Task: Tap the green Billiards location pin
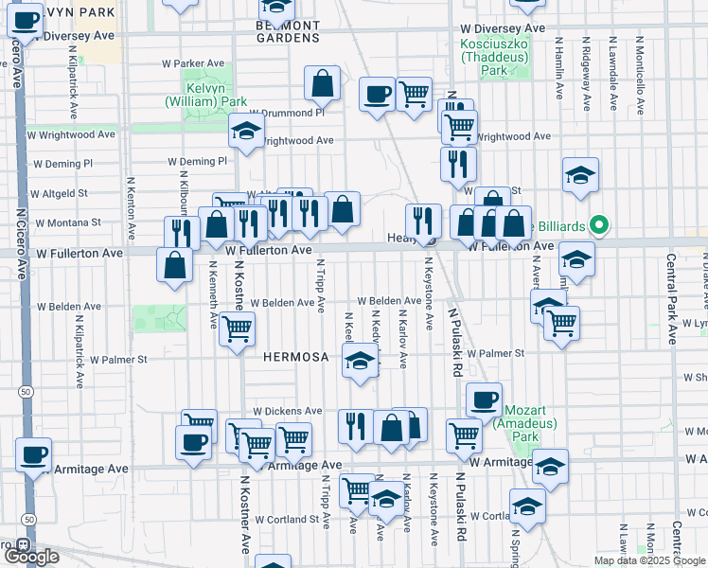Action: pos(598,225)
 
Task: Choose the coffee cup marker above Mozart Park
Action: pos(484,399)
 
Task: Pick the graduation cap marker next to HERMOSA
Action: pos(360,360)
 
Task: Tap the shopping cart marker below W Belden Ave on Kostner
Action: pos(237,329)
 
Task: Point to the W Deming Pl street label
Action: pos(198,162)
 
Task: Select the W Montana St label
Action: pos(69,222)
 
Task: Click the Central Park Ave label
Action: pos(671,298)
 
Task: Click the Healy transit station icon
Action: pos(429,240)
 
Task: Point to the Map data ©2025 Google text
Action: pos(648,560)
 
